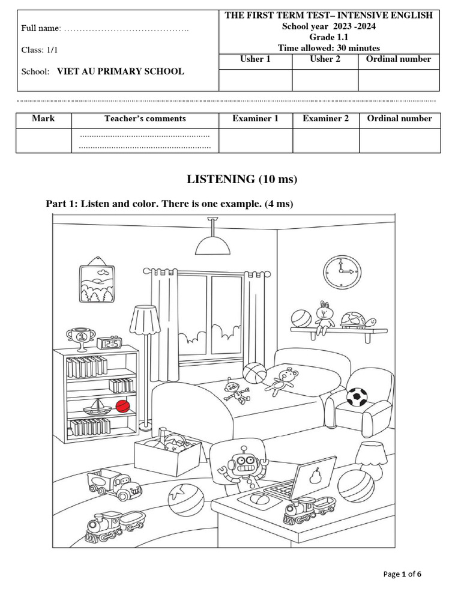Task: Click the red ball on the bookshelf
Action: tap(122, 407)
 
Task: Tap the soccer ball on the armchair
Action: tap(357, 396)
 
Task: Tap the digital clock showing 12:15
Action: tap(109, 343)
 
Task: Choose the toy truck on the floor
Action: tap(114, 484)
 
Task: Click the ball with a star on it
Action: tap(185, 500)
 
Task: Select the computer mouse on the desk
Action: tap(258, 498)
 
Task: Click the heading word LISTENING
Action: tap(221, 179)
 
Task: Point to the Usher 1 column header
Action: tap(255, 59)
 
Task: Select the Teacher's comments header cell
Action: tap(145, 118)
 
